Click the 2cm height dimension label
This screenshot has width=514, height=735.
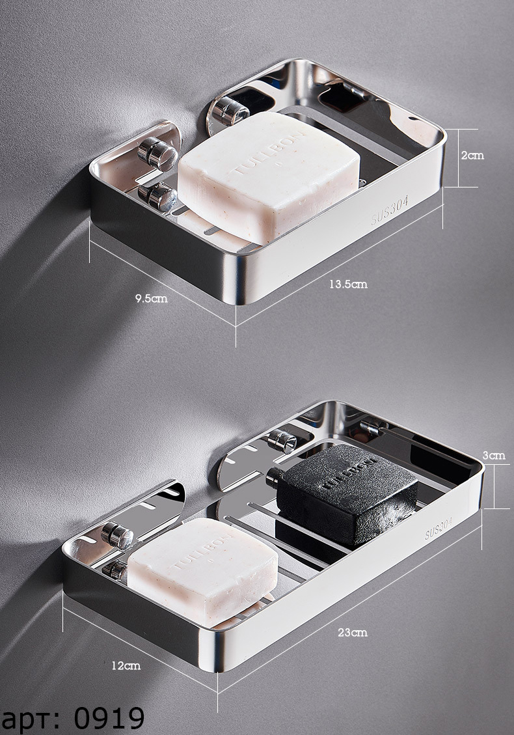coord(472,155)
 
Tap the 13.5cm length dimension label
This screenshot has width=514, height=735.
coord(348,284)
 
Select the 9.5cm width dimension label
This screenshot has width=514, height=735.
coord(152,298)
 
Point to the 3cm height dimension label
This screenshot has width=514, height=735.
coord(494,455)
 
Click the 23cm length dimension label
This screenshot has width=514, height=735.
coord(353,632)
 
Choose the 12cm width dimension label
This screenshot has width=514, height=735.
coord(126,665)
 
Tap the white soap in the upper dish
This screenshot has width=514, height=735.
coord(269,176)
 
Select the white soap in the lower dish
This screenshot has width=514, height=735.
coord(202,572)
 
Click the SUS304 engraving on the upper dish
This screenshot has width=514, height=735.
coord(390,210)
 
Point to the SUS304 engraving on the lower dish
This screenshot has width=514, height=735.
coord(439,527)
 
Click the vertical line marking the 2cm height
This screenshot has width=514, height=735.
coord(458,158)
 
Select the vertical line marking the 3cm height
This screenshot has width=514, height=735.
coord(494,486)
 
